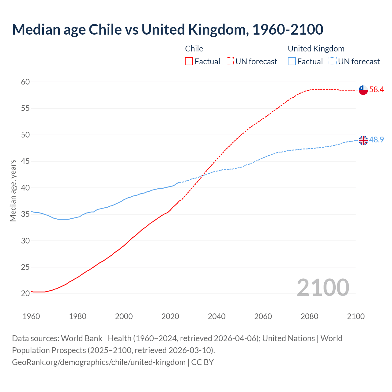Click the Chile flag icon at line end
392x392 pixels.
(x=363, y=90)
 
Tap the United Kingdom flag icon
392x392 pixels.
(x=363, y=140)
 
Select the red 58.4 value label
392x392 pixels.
(x=376, y=90)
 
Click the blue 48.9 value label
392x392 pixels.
(x=376, y=140)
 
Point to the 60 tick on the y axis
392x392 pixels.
(x=25, y=82)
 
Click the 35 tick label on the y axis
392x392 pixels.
(x=25, y=214)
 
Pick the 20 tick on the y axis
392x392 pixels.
(x=25, y=293)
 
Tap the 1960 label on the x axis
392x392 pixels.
(x=31, y=316)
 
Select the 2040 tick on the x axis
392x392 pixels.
(x=217, y=316)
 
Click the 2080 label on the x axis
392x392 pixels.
(x=309, y=316)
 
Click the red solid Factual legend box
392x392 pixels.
(x=189, y=62)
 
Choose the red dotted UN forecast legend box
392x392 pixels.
(x=230, y=62)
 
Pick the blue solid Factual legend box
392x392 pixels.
(x=292, y=62)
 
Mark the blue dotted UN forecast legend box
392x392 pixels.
(x=333, y=62)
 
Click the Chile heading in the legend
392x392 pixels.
(x=194, y=49)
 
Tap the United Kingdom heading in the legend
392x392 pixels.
(x=316, y=49)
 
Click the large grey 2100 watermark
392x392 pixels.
(x=323, y=287)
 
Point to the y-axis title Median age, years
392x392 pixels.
(x=13, y=190)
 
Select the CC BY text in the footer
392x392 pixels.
(x=202, y=362)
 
